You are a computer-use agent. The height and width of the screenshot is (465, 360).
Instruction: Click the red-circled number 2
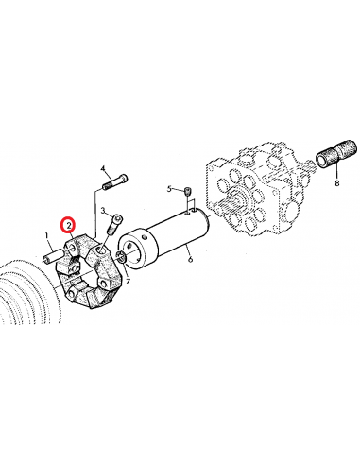pyautogui.click(x=67, y=225)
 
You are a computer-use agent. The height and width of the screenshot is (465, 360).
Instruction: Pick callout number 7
pyautogui.click(x=129, y=282)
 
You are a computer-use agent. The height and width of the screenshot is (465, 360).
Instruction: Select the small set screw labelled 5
pyautogui.click(x=188, y=194)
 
